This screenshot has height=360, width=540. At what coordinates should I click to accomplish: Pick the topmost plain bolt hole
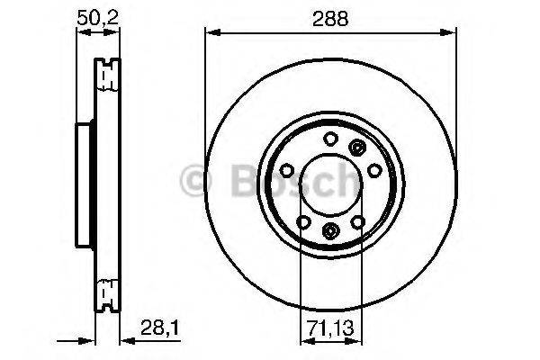pos(329,139)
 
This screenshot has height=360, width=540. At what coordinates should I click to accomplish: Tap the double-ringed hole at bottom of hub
pos(329,230)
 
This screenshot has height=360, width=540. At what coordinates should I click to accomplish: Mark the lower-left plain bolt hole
pos(303,222)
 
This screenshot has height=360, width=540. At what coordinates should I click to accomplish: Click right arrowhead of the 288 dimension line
pos(449,33)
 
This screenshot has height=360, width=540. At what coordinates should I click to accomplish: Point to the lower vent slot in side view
pos(107,292)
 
